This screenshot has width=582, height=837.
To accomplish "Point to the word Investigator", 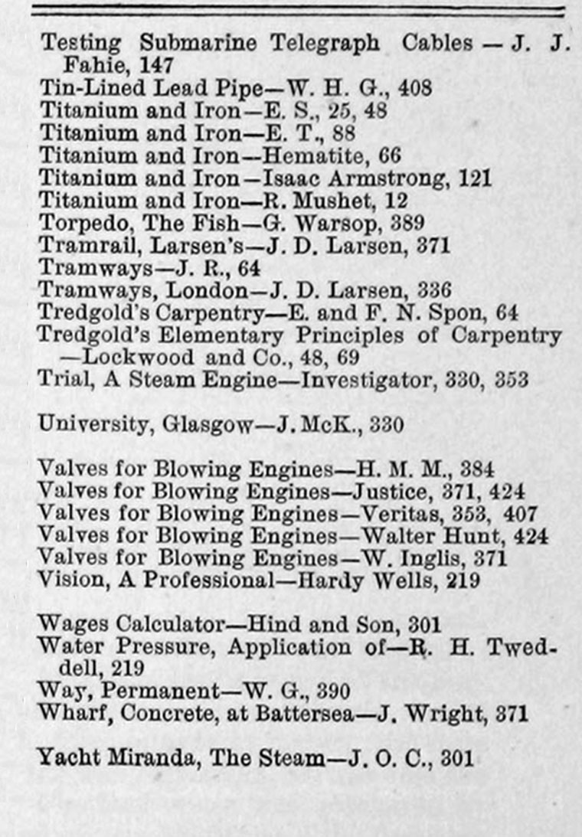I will coord(352,379).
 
